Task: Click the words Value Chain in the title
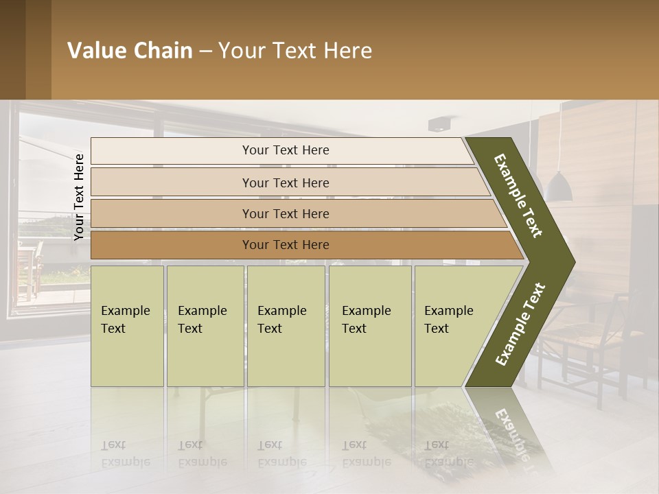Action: [x=130, y=51]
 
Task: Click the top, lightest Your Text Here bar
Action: [x=285, y=150]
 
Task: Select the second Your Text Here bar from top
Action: [x=285, y=183]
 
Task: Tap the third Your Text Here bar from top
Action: [x=285, y=213]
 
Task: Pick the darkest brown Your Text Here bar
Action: [x=285, y=245]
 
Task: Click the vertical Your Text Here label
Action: [x=79, y=197]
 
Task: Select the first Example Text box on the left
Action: [x=127, y=325]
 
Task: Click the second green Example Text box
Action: [x=205, y=325]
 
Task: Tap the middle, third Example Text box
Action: [x=286, y=325]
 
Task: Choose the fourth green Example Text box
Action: [x=369, y=325]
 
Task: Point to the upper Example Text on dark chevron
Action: [x=518, y=196]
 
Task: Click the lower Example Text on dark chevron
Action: [x=520, y=324]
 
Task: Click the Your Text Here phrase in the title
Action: [x=295, y=51]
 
